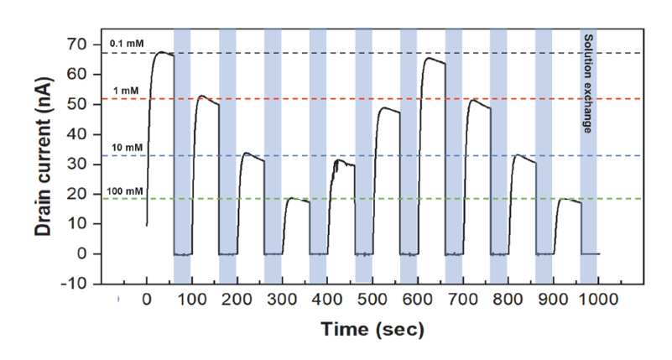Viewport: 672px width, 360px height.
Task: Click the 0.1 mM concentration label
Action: click(x=127, y=44)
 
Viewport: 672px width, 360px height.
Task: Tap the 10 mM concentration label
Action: click(x=128, y=148)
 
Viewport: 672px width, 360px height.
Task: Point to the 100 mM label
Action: click(x=125, y=191)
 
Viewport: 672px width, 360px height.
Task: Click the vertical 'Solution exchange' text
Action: click(x=588, y=84)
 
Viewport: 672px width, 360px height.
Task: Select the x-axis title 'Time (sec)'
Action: click(x=372, y=330)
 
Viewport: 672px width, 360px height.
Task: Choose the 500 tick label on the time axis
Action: click(x=372, y=299)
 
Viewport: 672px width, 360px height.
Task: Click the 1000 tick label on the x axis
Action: click(x=599, y=299)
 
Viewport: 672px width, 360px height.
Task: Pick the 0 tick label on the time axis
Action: click(x=147, y=299)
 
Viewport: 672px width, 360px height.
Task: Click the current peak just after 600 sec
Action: click(x=428, y=58)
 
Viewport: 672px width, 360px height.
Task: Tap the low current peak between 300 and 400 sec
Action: click(x=292, y=198)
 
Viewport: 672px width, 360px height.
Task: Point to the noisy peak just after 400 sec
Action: click(x=340, y=160)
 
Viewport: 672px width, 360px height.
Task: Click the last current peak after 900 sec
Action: click(x=563, y=199)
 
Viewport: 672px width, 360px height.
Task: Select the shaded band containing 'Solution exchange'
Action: click(x=588, y=156)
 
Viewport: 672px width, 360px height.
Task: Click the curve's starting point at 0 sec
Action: click(x=147, y=225)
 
